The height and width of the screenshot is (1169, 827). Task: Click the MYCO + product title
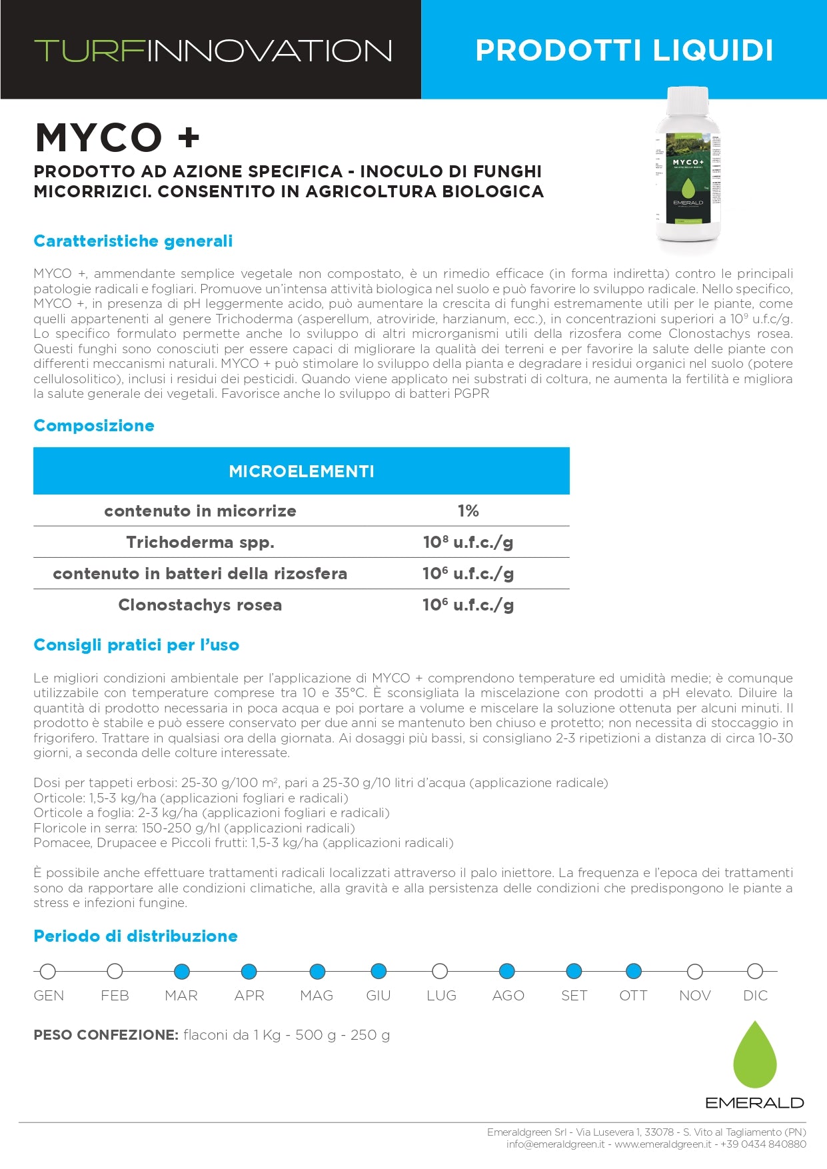tap(117, 138)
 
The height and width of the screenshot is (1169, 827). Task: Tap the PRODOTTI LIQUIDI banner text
tap(624, 51)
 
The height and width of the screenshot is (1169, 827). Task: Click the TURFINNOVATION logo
tap(213, 51)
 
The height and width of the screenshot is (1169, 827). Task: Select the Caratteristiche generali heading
tap(133, 241)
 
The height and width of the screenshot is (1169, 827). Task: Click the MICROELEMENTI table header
tap(301, 471)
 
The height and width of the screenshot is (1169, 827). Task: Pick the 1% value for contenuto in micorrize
tap(468, 511)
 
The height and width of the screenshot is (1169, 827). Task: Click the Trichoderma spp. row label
tap(200, 543)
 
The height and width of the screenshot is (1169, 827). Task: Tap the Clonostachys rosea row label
tap(200, 605)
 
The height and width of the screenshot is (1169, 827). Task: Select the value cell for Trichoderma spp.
tap(468, 543)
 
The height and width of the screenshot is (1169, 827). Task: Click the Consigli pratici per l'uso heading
tap(136, 645)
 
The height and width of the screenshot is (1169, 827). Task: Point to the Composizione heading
tap(94, 426)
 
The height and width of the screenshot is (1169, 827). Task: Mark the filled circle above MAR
tap(181, 971)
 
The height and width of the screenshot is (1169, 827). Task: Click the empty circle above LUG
tap(440, 971)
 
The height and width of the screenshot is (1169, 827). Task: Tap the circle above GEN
tap(48, 971)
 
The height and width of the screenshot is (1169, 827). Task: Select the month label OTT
tap(633, 996)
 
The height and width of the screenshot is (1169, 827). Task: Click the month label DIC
tap(755, 996)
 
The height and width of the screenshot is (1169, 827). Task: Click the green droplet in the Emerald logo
tap(754, 1056)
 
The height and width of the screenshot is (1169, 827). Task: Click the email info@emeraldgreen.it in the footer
tap(555, 1144)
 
